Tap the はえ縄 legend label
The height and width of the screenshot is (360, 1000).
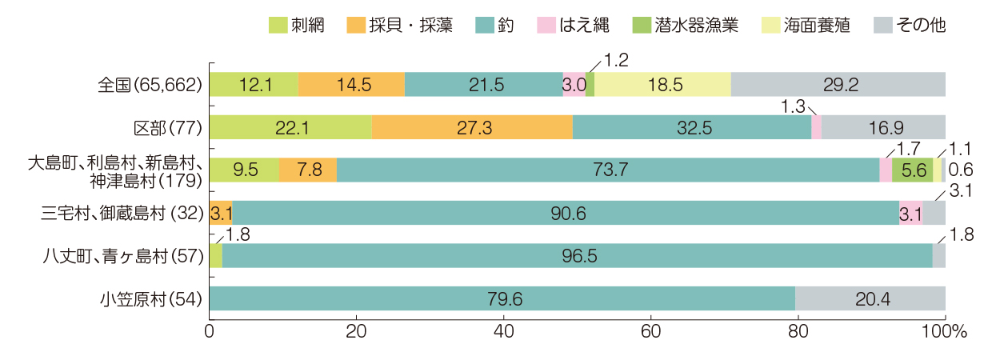pyautogui.click(x=586, y=25)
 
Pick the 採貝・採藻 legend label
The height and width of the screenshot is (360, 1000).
pyautogui.click(x=411, y=25)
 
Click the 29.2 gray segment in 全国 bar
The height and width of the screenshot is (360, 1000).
pyautogui.click(x=838, y=84)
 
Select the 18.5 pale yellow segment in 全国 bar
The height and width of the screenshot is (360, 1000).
pyautogui.click(x=662, y=84)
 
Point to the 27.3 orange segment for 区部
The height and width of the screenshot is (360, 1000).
pyautogui.click(x=472, y=127)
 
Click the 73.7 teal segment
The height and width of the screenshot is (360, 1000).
pyautogui.click(x=608, y=170)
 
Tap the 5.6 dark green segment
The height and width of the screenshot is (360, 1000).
pyautogui.click(x=912, y=170)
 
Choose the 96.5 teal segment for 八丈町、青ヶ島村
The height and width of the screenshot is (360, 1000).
pyautogui.click(x=578, y=255)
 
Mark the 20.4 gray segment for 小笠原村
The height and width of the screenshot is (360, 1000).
pyautogui.click(x=870, y=298)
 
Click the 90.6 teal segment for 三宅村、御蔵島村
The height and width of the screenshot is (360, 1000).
pyautogui.click(x=566, y=213)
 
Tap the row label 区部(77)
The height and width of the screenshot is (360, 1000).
pyautogui.click(x=167, y=127)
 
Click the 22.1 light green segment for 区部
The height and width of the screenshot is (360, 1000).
pyautogui.click(x=290, y=127)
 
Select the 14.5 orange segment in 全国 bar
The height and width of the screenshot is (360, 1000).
pyautogui.click(x=351, y=84)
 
